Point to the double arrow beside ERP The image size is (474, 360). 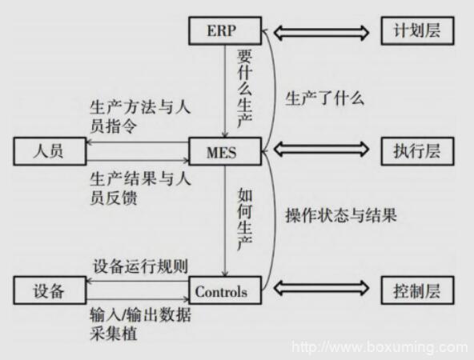point(321,32)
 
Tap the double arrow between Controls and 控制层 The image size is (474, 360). point(321,288)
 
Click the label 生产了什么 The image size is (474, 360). point(324,98)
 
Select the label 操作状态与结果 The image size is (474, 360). point(341,216)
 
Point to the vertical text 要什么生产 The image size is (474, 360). point(244,89)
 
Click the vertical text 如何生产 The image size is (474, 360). point(244,219)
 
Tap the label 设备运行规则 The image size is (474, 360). point(141,266)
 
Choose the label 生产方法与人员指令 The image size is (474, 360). point(140,117)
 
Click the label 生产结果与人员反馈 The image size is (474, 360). point(140,189)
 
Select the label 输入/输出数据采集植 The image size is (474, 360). point(140,325)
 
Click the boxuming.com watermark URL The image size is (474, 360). point(380,347)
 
